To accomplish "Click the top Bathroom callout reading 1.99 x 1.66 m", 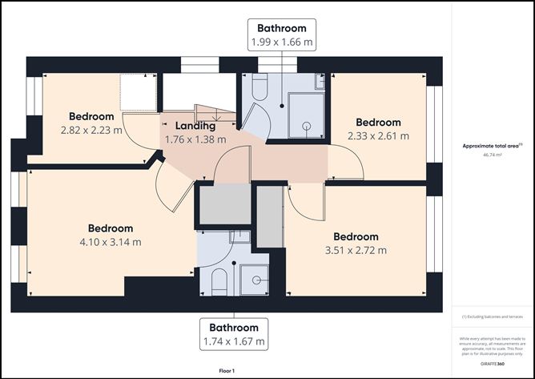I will [281, 35].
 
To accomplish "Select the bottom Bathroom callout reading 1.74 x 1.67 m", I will [234, 334].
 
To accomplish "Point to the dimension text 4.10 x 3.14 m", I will [111, 242].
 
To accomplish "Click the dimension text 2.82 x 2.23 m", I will [91, 129].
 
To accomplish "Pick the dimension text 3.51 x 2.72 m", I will [355, 250].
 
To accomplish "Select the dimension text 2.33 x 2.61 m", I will [379, 136].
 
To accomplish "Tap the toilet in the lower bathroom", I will [218, 280].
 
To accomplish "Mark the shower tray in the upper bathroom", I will [305, 115].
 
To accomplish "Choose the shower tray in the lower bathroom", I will [255, 278].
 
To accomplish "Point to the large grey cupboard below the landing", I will [224, 204].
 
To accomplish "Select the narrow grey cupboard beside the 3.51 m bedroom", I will [270, 216].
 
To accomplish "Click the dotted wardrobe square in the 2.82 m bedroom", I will [137, 92].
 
